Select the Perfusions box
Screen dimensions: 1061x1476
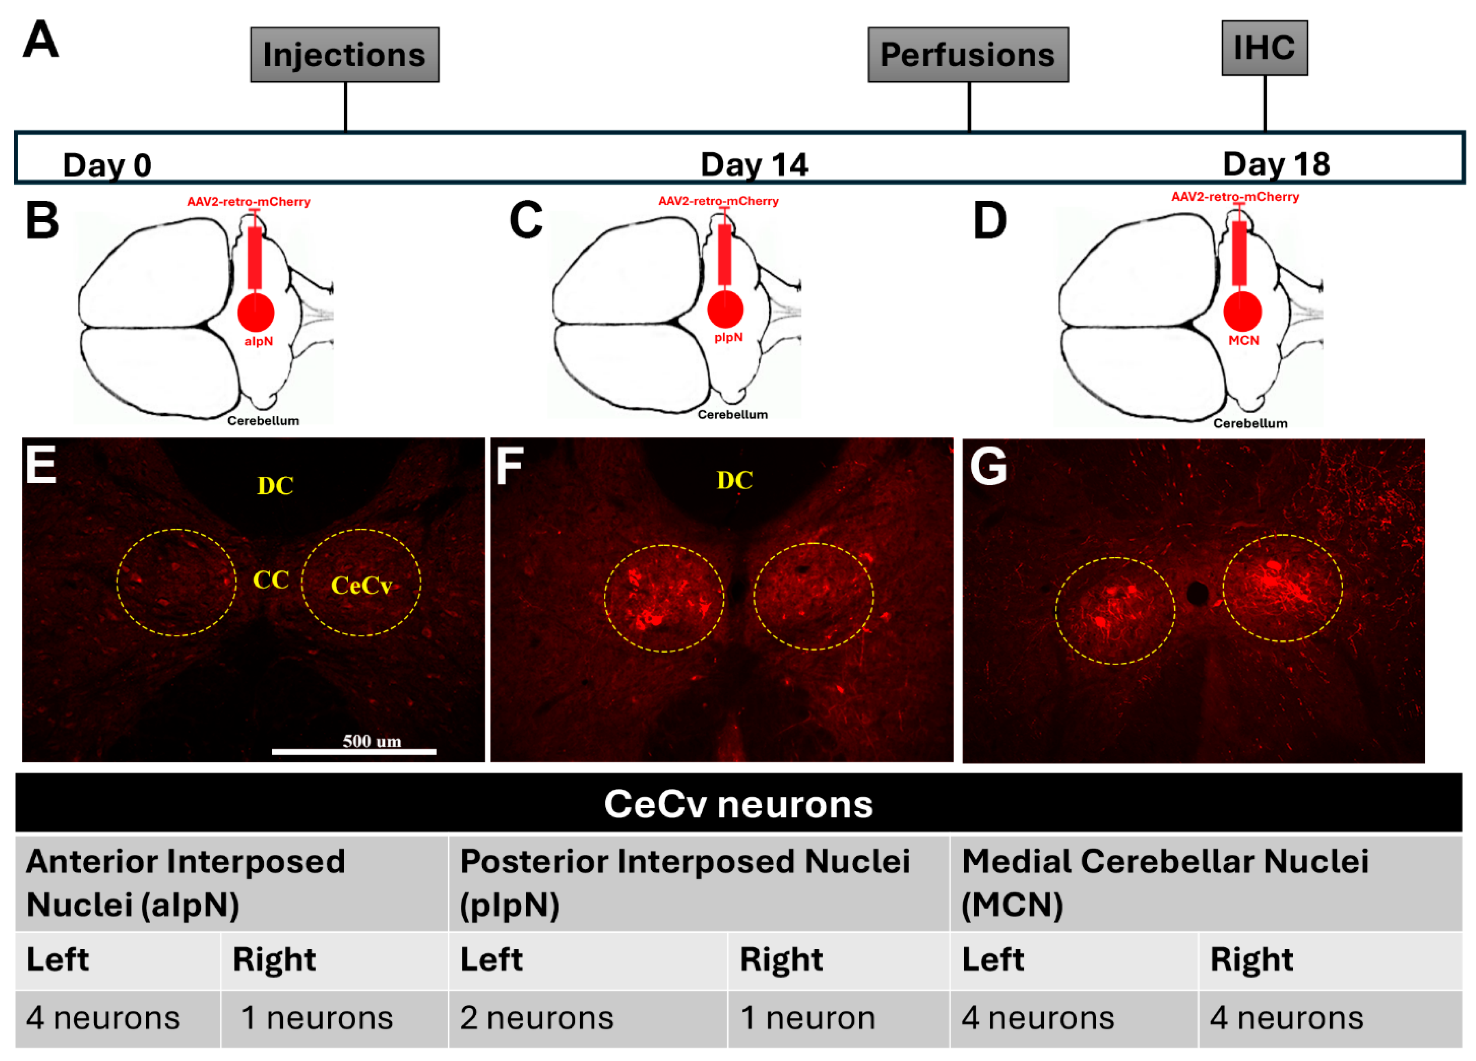[x=967, y=55]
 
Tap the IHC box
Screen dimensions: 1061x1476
[x=1264, y=48]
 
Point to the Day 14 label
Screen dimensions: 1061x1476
[x=753, y=165]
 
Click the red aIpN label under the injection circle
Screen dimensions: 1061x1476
[x=258, y=341]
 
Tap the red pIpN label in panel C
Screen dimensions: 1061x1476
[x=728, y=337]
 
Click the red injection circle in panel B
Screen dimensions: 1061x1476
[x=256, y=312]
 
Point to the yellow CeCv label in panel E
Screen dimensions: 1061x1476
[x=361, y=586]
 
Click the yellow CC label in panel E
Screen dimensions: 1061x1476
[x=271, y=580]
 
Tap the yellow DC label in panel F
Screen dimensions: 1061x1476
[x=734, y=480]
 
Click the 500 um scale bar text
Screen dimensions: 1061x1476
[x=372, y=741]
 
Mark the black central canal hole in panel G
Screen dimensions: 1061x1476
[x=1197, y=592]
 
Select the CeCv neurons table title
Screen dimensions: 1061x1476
[x=738, y=804]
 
